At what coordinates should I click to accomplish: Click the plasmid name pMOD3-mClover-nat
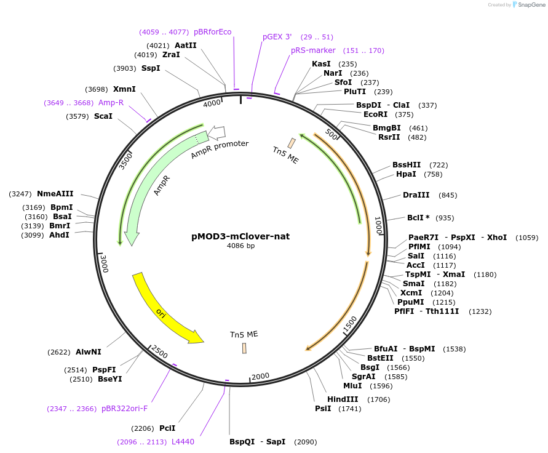[x=240, y=236]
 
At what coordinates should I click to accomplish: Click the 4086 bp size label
[x=240, y=246]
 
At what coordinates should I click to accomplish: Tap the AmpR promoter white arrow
[x=218, y=132]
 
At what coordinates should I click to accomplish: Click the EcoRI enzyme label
[x=375, y=114]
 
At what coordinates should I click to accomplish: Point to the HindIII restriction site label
[x=343, y=399]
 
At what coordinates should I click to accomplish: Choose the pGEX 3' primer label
[x=277, y=37]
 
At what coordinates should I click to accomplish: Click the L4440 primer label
[x=183, y=442]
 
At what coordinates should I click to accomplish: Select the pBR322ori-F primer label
[x=124, y=409]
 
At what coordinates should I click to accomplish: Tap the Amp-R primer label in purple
[x=111, y=103]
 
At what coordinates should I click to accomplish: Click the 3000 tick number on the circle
[x=105, y=264]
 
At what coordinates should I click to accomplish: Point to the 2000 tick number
[x=261, y=376]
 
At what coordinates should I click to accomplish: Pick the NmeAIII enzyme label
[x=55, y=194]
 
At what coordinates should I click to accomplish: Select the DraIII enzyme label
[x=416, y=195]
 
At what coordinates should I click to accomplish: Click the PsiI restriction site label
[x=323, y=409]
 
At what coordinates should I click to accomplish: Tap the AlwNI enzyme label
[x=89, y=352]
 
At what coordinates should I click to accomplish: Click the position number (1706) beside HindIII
[x=379, y=399]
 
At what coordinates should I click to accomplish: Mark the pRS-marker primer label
[x=313, y=50]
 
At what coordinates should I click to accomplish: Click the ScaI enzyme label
[x=103, y=116]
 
